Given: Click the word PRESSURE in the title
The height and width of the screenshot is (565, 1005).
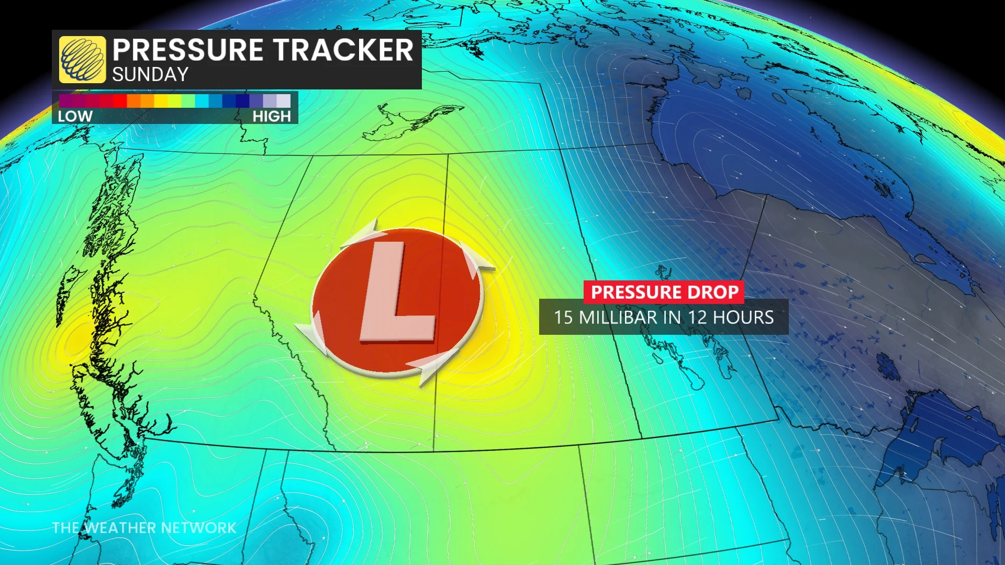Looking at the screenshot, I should [x=188, y=50].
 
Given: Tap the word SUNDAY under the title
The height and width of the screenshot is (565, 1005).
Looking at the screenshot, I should [x=150, y=75].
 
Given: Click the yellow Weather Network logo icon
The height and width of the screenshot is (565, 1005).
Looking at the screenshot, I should [x=82, y=60].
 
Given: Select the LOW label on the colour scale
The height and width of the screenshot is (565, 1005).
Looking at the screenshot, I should [x=75, y=116].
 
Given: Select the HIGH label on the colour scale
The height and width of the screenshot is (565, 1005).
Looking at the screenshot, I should [x=272, y=116].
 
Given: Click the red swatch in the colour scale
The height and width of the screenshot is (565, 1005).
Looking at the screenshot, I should [x=120, y=100].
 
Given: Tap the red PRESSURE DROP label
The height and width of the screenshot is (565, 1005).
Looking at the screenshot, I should [x=664, y=292].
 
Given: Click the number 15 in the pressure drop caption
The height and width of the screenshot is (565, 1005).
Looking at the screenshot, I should [x=563, y=318].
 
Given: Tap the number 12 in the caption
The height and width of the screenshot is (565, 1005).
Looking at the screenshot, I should [x=697, y=318].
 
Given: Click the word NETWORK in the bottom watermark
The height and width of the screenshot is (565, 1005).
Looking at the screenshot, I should [x=198, y=528].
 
